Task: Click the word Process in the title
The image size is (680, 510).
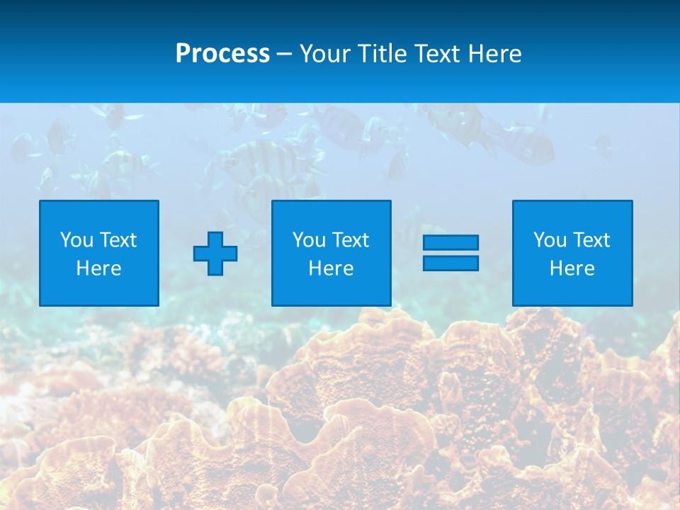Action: [x=222, y=54]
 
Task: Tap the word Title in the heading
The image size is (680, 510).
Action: [x=380, y=54]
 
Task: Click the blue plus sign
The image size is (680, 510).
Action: [x=215, y=254]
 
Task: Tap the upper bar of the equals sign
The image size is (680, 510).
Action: [x=450, y=242]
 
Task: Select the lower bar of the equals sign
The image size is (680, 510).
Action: [x=450, y=263]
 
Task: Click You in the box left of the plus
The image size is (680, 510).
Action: [x=76, y=240]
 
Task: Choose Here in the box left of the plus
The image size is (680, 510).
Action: [x=98, y=268]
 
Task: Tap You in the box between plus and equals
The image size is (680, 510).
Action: [x=309, y=240]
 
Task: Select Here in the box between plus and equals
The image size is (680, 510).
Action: [x=331, y=268]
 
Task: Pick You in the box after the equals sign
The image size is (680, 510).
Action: [x=550, y=240]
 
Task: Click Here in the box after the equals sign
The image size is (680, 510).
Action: [x=572, y=268]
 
